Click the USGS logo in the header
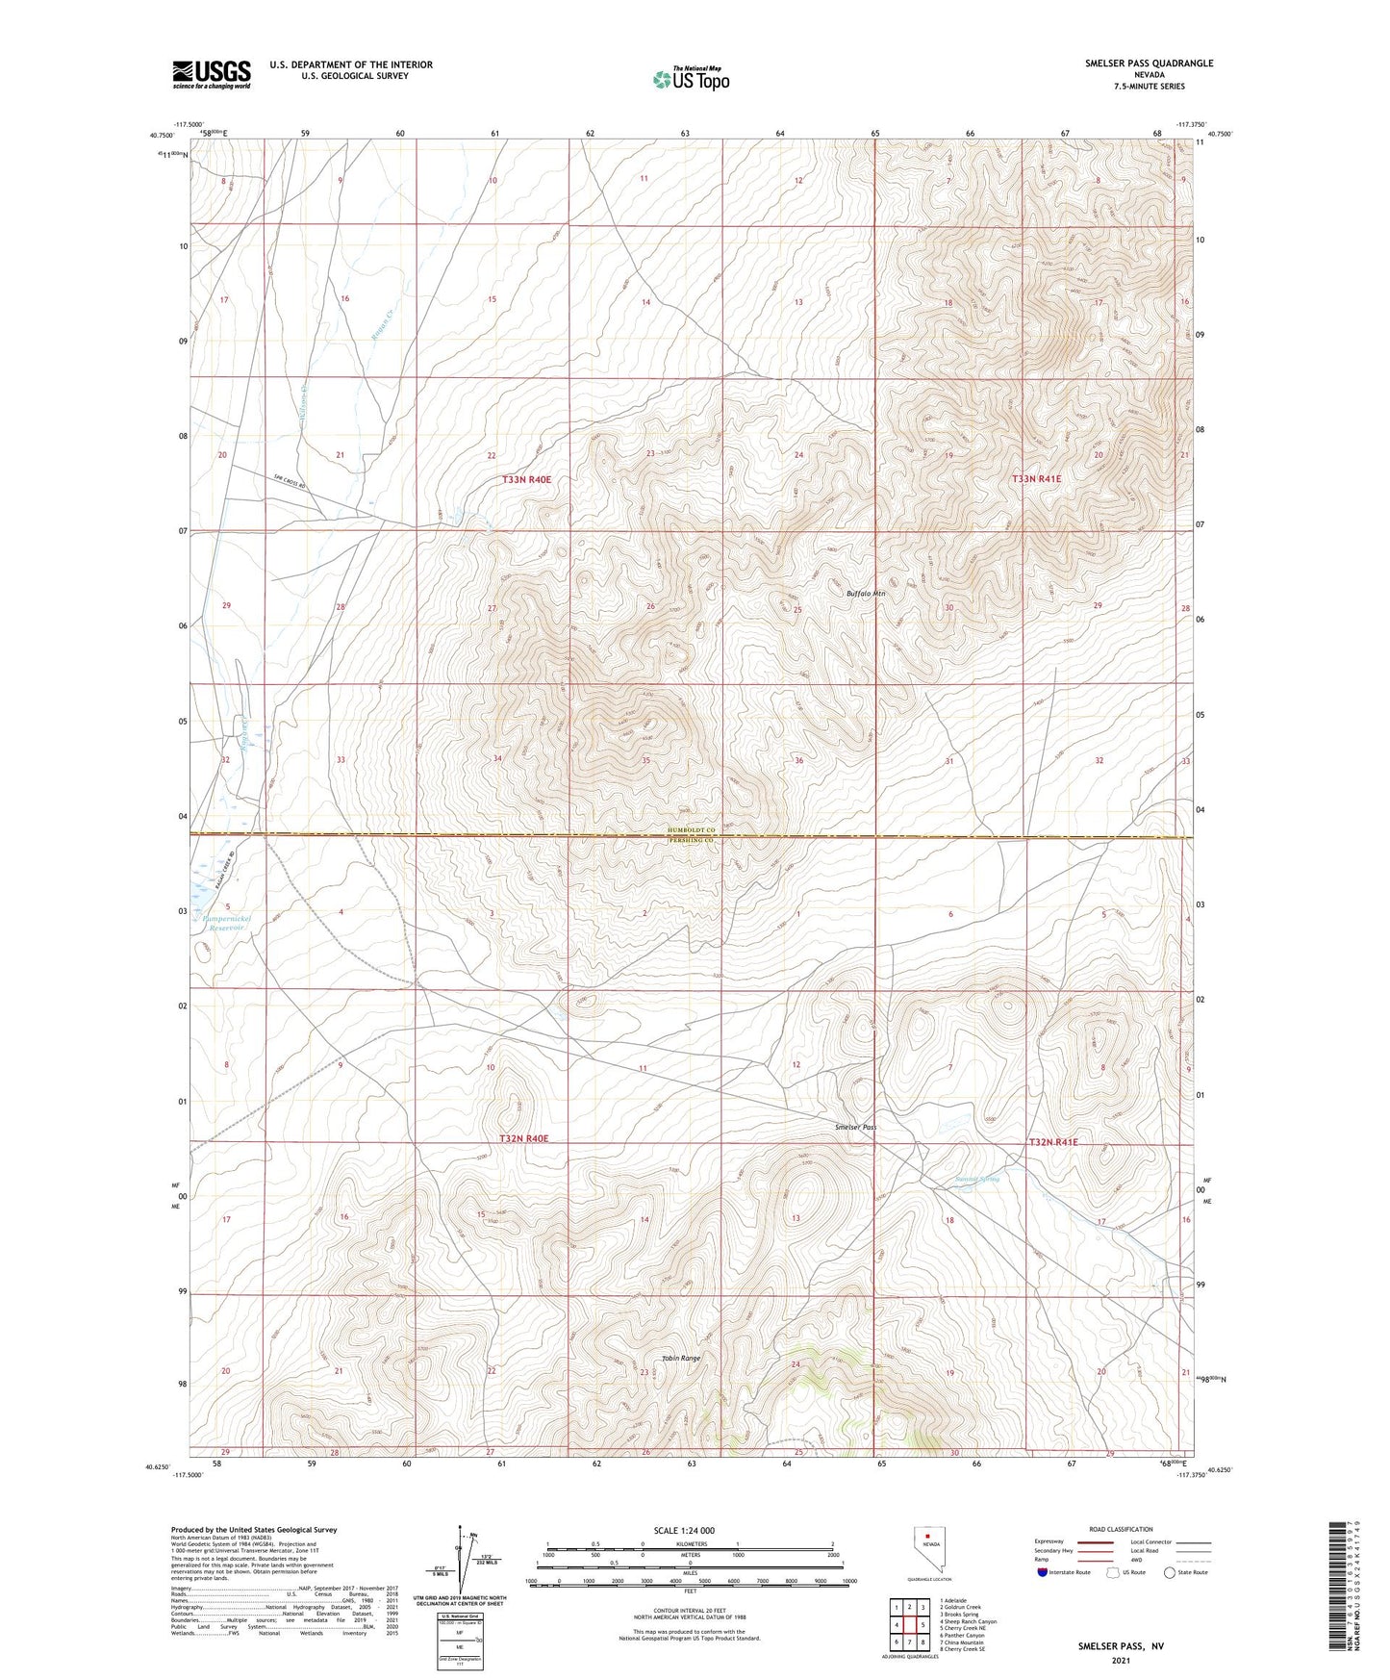pos(211,73)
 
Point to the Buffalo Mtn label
pos(865,594)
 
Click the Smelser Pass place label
pos(855,1127)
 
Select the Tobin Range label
pos(680,1359)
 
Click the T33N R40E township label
pos(525,479)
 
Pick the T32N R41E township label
pos(1052,1142)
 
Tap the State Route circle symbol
pos(1169,1572)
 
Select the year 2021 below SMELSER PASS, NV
pos(1120,1661)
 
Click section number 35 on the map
pos(645,760)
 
